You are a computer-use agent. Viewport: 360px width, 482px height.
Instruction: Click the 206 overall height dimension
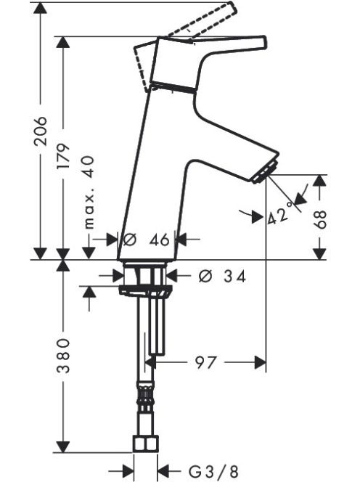coord(41,131)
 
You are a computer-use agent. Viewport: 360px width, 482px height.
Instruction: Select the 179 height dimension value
coord(64,156)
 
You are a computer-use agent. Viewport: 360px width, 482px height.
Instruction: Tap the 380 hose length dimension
coord(64,356)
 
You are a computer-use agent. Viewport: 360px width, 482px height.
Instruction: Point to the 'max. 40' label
coord(89,192)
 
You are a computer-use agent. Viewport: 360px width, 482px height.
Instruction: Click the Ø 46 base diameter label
coord(146,240)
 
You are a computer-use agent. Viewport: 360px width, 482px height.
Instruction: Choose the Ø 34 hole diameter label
coord(222,277)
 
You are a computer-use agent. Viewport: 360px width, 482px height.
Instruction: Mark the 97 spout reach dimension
coord(205,363)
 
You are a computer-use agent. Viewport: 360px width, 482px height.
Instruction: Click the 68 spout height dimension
coord(320,220)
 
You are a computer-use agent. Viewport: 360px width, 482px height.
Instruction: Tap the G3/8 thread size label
coord(213,470)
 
